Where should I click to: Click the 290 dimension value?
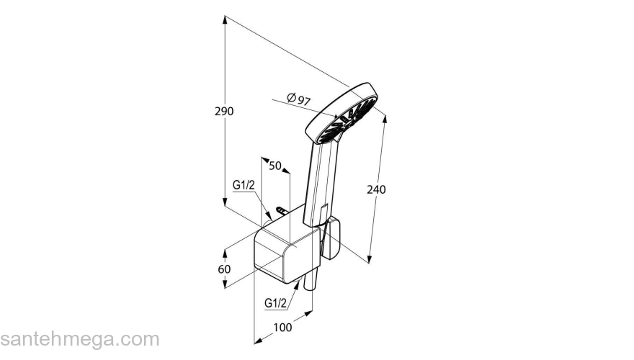pos(224,111)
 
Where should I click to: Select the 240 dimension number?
pos(376,189)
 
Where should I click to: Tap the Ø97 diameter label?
pos(298,99)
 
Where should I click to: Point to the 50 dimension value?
pos(275,166)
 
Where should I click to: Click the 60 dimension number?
pos(224,269)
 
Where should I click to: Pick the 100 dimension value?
pos(282,327)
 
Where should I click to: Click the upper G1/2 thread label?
pos(244,185)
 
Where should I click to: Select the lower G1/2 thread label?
pos(275,302)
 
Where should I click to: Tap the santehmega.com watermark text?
pos(80,339)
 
